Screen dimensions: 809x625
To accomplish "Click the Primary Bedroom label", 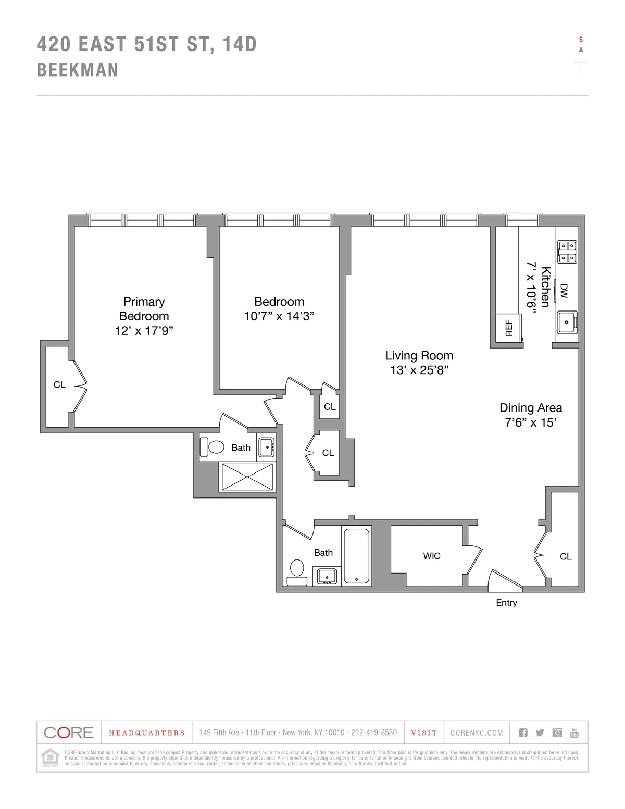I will (x=144, y=308).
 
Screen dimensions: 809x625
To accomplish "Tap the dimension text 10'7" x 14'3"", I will (x=279, y=316).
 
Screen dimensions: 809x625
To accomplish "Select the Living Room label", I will (x=419, y=355).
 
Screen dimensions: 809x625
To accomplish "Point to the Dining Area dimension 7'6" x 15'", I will (x=530, y=422).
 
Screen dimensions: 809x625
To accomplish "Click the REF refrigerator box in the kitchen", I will (x=509, y=328).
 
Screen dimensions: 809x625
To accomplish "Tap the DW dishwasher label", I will (x=564, y=291).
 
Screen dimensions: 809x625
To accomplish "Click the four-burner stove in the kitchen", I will (x=567, y=251).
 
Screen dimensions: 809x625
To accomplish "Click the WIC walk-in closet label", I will (x=431, y=556).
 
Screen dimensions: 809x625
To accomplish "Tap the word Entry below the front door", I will (x=506, y=603).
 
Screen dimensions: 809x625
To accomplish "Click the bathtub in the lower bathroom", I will (x=357, y=556).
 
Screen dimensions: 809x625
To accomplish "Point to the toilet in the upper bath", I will (x=213, y=446).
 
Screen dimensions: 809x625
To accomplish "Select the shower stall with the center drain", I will (x=247, y=476).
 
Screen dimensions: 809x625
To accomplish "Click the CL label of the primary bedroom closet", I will (x=59, y=384).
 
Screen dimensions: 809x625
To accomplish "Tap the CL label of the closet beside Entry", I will (x=566, y=556).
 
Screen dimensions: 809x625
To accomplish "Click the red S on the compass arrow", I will (x=581, y=40).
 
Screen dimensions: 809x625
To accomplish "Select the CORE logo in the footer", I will (x=69, y=732).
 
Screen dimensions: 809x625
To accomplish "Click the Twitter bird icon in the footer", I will (x=540, y=732).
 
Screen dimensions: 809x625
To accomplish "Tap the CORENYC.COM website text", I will (x=477, y=733).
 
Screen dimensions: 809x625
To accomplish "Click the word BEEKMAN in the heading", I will (x=78, y=70).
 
